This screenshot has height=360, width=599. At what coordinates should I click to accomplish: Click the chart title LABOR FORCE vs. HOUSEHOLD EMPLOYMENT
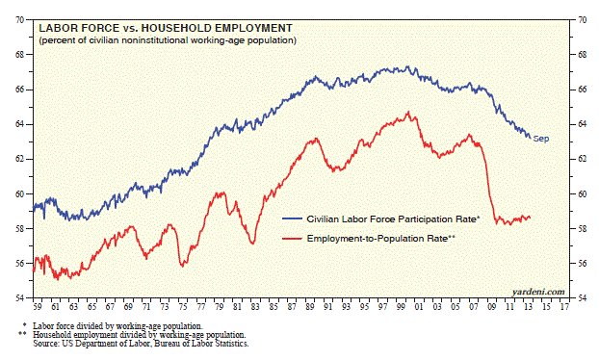(166, 28)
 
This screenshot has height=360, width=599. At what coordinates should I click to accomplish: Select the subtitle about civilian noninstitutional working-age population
(168, 40)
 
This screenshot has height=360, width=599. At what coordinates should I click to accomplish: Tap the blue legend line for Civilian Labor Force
(292, 219)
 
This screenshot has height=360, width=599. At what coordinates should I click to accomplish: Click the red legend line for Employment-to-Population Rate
(292, 239)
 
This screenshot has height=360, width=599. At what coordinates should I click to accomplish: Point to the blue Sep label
(541, 139)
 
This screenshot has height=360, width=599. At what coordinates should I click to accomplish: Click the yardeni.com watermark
(538, 292)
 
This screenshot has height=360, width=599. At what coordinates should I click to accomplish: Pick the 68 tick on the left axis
(19, 55)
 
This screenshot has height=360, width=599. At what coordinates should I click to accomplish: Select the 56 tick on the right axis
(582, 264)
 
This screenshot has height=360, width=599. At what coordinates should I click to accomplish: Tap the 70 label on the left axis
(19, 20)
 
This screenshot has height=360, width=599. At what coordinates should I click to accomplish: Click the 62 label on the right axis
(582, 159)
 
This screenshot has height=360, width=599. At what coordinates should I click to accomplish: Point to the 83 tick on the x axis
(255, 307)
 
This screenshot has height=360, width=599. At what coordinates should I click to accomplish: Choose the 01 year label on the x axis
(419, 307)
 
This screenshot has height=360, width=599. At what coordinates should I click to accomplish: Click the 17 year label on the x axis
(564, 307)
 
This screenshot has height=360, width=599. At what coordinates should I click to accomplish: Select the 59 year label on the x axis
(37, 307)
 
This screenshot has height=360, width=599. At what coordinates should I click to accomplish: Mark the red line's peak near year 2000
(408, 112)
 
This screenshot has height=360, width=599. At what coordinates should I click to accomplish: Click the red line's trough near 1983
(252, 244)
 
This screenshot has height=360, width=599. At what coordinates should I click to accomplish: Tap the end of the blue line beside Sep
(531, 138)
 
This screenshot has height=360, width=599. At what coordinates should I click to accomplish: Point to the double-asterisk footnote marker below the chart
(23, 334)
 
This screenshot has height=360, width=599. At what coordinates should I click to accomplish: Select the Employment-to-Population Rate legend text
(380, 239)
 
